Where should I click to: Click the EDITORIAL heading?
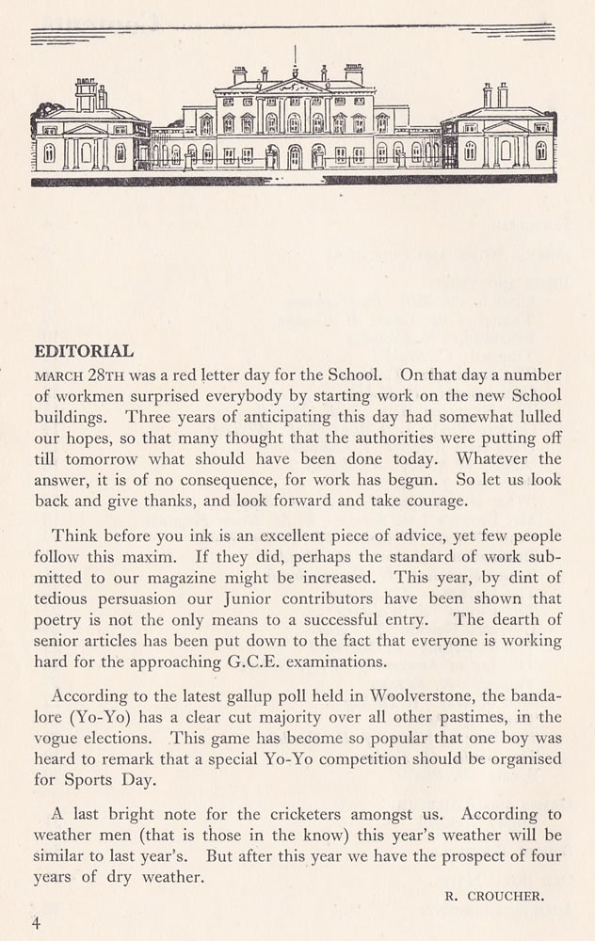(83, 351)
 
